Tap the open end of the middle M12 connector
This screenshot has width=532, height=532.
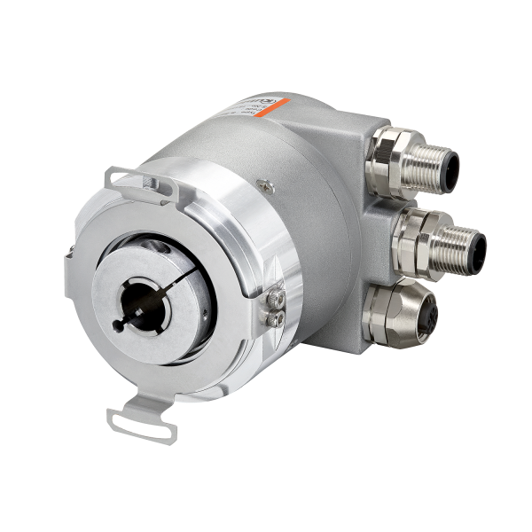coord(465,241)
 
